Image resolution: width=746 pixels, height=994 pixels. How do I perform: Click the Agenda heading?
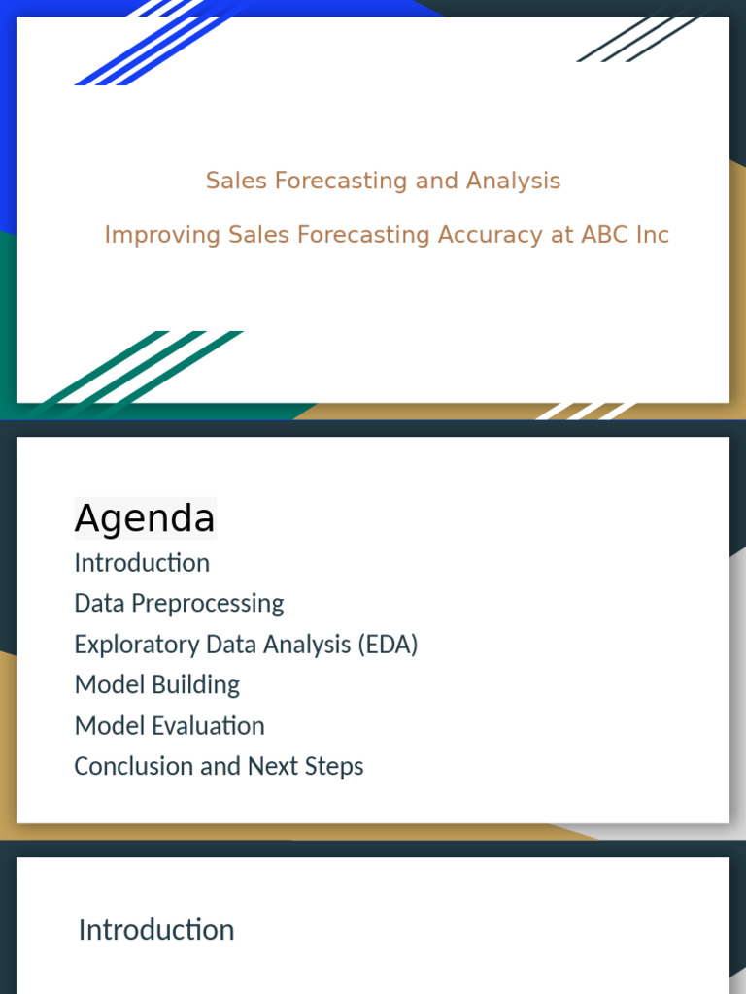click(145, 518)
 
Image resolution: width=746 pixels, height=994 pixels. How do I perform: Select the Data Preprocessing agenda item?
click(179, 603)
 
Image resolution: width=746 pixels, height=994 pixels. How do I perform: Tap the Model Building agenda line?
click(156, 684)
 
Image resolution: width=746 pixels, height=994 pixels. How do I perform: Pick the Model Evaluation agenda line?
click(169, 725)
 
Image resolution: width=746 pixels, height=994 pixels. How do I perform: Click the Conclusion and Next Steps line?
click(219, 766)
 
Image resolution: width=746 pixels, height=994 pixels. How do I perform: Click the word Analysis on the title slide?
click(513, 181)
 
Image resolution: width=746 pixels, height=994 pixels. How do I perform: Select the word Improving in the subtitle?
click(162, 235)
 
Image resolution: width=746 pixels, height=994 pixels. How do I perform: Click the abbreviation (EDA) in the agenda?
click(388, 644)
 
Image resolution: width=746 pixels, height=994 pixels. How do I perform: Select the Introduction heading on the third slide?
click(156, 930)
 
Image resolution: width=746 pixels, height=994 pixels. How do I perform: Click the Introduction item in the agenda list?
click(142, 563)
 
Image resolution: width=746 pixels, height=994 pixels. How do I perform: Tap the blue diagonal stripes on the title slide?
click(146, 49)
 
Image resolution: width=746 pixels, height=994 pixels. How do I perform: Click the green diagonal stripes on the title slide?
click(146, 369)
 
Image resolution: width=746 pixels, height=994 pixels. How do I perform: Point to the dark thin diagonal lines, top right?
click(641, 39)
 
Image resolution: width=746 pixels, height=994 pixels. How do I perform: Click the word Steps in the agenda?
click(335, 766)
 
